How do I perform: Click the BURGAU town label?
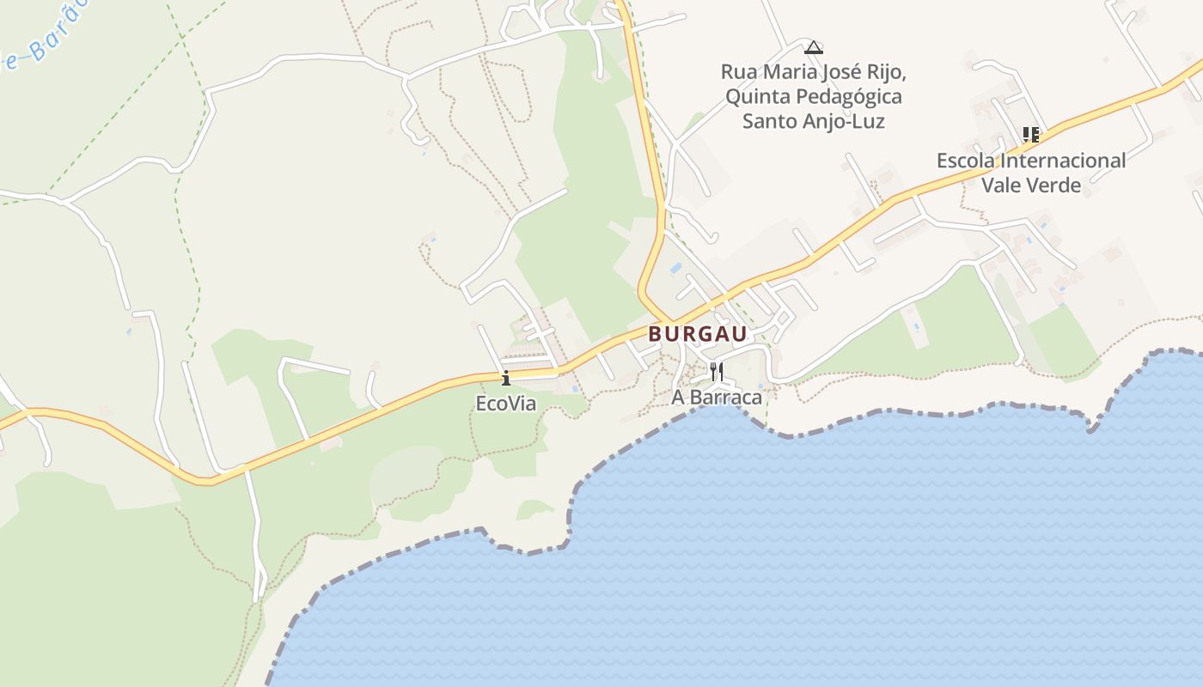coord(698,333)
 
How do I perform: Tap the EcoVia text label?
coord(506,403)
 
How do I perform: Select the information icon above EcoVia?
coord(506,377)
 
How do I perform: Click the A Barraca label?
coord(717,398)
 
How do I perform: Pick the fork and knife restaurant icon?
coord(717,371)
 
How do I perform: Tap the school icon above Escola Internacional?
coord(1030,134)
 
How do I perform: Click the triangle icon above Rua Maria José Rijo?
coord(814,46)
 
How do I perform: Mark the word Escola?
coord(967,161)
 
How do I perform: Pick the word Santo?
coord(770,121)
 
